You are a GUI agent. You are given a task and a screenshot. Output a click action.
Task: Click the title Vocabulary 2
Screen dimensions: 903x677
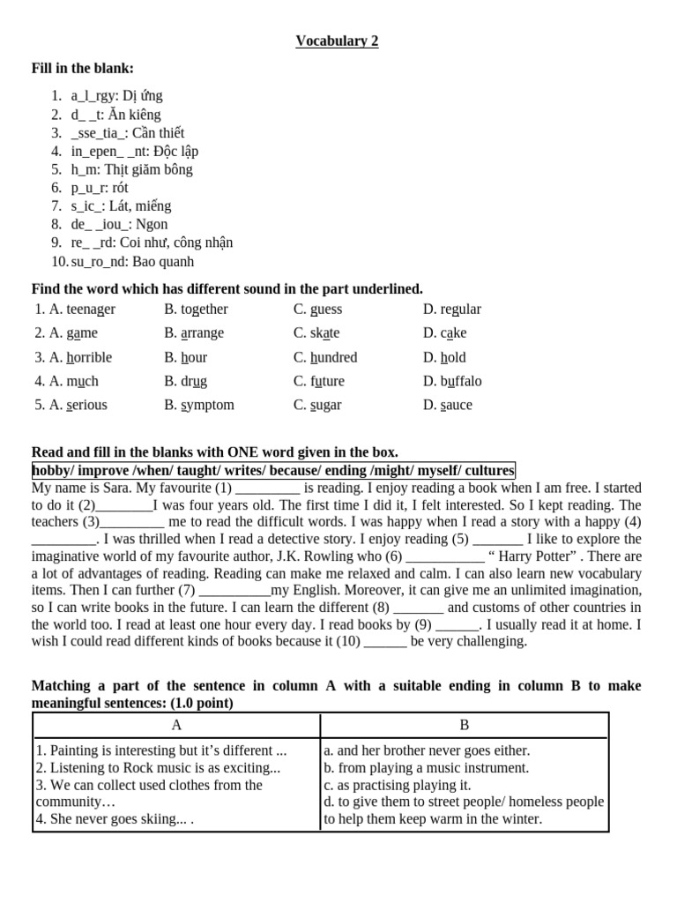coord(337,41)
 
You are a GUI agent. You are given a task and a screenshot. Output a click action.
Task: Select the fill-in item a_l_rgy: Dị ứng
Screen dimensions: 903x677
coord(116,96)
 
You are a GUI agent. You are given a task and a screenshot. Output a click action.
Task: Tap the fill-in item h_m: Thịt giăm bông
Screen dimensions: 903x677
coord(131,169)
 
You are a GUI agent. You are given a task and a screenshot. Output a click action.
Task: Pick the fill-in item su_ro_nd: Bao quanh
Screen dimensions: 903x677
coord(132,262)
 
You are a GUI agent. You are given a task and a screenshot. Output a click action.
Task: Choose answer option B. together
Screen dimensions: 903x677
coord(196,310)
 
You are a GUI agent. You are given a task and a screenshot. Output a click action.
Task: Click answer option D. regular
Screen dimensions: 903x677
coord(452,310)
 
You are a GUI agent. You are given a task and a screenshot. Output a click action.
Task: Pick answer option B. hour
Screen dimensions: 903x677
coord(186,357)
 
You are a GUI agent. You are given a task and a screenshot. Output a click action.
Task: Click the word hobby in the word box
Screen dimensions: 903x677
coord(50,471)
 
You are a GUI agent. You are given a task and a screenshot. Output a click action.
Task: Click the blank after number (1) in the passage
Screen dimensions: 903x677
coord(268,489)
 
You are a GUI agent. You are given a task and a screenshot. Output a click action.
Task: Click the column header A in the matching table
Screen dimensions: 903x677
coord(176,725)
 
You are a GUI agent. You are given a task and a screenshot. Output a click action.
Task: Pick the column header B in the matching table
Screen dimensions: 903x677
coord(465,725)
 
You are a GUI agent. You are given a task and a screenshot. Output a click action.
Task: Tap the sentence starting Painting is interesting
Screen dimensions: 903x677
coord(161,751)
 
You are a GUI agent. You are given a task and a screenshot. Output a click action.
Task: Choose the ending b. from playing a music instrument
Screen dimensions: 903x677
coord(427,768)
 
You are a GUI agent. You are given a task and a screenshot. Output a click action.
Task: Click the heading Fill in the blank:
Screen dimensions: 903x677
coord(83,69)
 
